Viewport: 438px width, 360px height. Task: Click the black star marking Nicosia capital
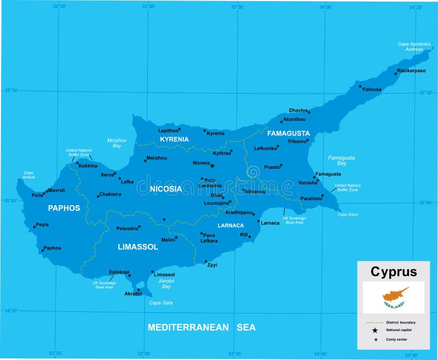[212, 165]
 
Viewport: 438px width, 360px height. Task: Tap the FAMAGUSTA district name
[289, 133]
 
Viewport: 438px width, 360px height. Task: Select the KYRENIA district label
[174, 140]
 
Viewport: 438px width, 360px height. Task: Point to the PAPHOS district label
[64, 208]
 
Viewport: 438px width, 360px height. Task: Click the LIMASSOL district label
[138, 247]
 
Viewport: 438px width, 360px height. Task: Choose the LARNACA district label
[230, 225]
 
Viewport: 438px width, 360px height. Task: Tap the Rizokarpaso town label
[411, 71]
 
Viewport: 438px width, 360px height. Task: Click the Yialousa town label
[372, 89]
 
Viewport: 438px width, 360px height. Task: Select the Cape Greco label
[348, 214]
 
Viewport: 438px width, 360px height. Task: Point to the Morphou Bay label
[117, 143]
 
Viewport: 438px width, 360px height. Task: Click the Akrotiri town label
[133, 294]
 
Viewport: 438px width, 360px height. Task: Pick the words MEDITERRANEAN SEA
[201, 327]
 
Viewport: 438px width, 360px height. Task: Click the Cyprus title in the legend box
[394, 271]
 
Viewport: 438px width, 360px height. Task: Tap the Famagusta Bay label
[342, 160]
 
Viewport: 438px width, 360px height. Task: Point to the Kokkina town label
[88, 166]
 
